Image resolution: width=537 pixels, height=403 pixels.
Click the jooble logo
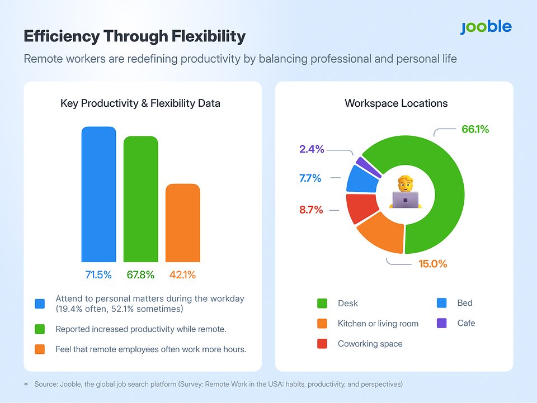486,27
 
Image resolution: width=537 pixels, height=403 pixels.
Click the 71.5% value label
98,275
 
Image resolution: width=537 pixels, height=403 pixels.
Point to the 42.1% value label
182,275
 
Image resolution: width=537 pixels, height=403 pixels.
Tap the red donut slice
357,207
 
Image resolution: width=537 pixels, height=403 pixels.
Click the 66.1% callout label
475,130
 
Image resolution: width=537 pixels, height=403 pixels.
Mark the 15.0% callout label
433,264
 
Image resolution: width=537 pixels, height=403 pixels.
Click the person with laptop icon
406,193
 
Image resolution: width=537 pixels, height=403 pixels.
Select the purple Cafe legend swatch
441,323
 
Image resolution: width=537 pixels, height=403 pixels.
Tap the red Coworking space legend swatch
322,344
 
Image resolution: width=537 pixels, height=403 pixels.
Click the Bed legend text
465,303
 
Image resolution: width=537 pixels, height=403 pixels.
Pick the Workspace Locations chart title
396,103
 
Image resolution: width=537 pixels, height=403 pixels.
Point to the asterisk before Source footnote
26,385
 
